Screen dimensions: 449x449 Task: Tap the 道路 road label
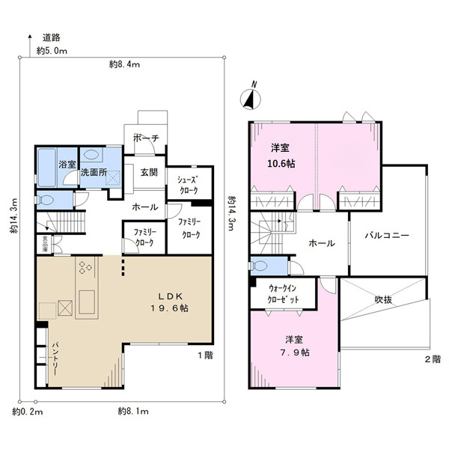click(51, 38)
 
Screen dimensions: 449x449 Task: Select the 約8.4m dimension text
click(124, 64)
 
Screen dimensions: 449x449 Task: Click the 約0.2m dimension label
click(28, 412)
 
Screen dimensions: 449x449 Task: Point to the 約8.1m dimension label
click(133, 412)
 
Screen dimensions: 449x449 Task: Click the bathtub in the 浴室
click(46, 168)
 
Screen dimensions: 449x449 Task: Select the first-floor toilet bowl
click(45, 200)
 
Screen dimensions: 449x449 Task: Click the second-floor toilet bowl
click(259, 266)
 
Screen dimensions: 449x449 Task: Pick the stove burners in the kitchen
click(85, 267)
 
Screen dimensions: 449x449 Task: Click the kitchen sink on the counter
click(87, 302)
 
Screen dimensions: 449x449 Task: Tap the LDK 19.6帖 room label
click(170, 302)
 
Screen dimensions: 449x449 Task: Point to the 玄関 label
click(149, 172)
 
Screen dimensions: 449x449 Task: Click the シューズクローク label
click(188, 185)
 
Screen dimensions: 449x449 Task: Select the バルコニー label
click(387, 236)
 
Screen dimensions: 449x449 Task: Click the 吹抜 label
click(383, 300)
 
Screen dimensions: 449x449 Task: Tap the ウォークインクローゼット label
click(283, 294)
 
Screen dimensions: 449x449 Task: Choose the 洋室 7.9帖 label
click(294, 346)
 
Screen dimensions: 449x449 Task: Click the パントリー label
click(55, 358)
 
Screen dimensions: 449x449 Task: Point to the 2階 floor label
click(433, 359)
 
